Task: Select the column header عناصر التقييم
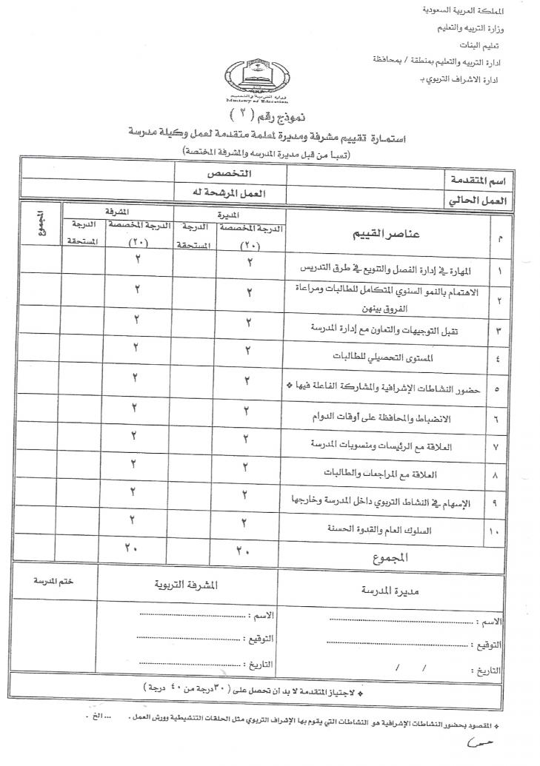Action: pyautogui.click(x=384, y=234)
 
